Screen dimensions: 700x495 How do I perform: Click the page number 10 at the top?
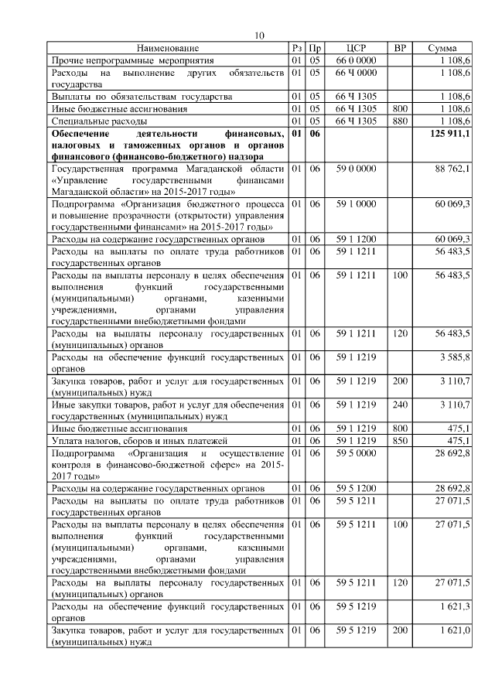click(x=260, y=36)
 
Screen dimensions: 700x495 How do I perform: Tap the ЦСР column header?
click(x=356, y=48)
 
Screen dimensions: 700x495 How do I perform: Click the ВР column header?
click(x=400, y=48)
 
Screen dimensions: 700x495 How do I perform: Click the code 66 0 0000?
click(x=356, y=60)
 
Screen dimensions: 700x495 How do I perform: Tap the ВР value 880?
click(x=400, y=121)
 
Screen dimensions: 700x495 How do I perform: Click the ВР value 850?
click(x=400, y=440)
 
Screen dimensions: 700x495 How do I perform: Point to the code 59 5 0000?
click(x=356, y=452)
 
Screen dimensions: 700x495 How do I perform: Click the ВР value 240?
click(x=400, y=404)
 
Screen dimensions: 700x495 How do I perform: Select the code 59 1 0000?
click(x=356, y=203)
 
